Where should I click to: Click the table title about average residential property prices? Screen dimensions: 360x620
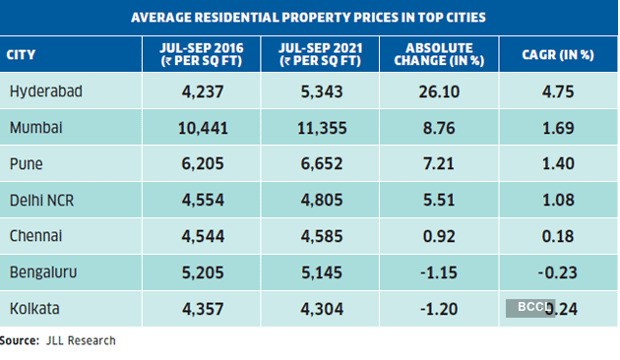(x=310, y=18)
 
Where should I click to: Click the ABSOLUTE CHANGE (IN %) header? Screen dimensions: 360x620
(x=440, y=54)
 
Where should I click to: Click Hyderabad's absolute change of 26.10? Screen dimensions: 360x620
(x=440, y=91)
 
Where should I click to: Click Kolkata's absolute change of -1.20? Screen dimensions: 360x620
(x=440, y=309)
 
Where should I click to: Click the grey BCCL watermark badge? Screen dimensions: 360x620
(x=529, y=307)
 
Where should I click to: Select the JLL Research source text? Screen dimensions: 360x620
(x=80, y=340)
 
